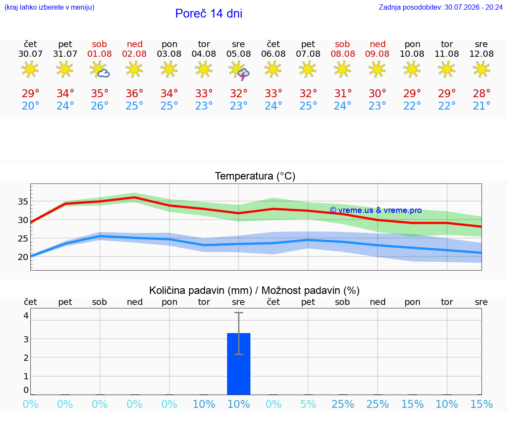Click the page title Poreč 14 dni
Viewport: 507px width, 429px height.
tap(209, 14)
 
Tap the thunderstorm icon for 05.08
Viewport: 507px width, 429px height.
tap(239, 71)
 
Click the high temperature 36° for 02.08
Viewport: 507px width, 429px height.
tap(134, 93)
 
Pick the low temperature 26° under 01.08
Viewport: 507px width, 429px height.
tap(99, 106)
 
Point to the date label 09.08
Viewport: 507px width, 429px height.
tap(377, 54)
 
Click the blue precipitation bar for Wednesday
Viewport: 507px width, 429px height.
tap(239, 364)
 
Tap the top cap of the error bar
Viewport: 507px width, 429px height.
tap(239, 312)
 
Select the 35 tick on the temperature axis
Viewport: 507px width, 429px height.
tap(22, 202)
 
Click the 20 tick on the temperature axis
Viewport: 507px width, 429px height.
tap(22, 257)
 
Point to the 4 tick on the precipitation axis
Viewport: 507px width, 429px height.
tap(26, 315)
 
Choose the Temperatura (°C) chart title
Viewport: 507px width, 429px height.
tap(255, 176)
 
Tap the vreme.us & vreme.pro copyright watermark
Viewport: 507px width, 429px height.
tap(376, 210)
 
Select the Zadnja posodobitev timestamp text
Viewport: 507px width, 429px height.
tap(441, 7)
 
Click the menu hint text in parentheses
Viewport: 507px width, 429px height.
tap(49, 7)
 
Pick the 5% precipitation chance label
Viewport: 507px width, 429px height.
tap(308, 404)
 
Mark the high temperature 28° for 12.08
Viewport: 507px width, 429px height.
tap(481, 93)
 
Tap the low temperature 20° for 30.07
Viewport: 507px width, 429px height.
tap(30, 106)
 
